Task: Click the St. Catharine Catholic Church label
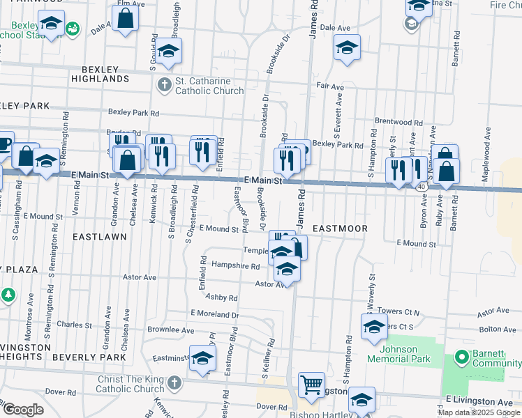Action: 209,86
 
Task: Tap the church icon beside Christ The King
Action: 174,383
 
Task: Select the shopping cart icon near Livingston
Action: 311,384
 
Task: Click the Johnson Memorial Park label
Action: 399,354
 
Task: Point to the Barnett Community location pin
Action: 461,358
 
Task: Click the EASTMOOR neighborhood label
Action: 339,229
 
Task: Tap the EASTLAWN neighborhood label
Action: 99,237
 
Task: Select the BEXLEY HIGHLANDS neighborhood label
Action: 105,75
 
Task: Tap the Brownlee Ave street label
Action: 170,330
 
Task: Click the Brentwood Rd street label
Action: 398,121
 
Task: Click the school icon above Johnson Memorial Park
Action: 375,326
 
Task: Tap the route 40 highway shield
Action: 422,187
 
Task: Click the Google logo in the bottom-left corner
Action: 22,410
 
